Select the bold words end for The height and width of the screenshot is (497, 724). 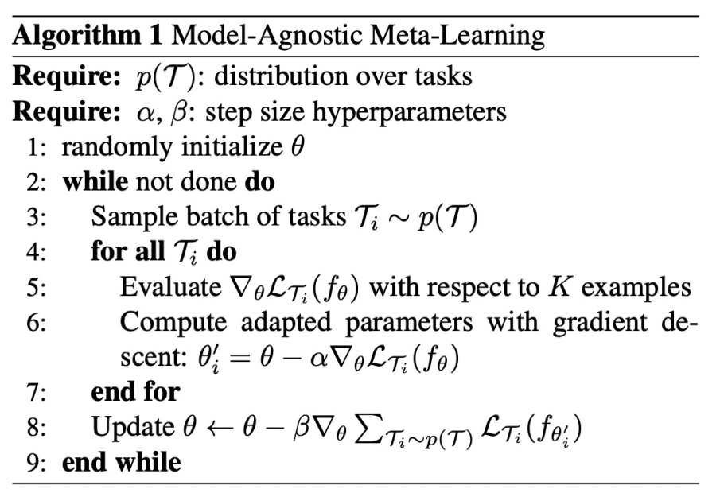(135, 391)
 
